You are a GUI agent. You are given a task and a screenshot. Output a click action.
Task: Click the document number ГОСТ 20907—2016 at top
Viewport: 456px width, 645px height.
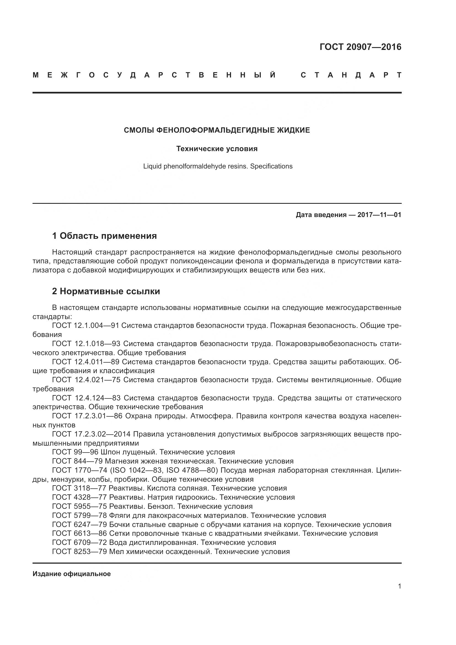(360, 47)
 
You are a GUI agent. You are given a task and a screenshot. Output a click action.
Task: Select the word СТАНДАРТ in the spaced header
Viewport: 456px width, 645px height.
(351, 75)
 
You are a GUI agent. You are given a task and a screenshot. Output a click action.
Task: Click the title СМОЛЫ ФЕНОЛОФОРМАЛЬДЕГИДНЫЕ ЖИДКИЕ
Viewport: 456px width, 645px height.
(217, 130)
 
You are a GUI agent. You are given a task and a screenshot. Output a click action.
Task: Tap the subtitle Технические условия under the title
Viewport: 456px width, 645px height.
(217, 149)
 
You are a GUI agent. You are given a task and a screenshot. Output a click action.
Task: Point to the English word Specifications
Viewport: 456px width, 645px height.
(271, 166)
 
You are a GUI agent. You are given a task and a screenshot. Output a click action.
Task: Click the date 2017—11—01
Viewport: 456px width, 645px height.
(379, 215)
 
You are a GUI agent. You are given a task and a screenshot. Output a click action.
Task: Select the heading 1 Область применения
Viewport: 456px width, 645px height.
(104, 236)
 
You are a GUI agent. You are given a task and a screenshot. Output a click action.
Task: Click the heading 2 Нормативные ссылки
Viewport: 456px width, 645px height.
(106, 291)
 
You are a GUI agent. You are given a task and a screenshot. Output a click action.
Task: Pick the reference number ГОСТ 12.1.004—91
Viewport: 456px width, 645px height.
(85, 326)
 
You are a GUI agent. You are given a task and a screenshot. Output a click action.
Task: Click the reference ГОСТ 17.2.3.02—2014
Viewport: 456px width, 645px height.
(91, 434)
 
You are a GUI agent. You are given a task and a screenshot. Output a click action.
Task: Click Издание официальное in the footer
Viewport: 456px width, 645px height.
(72, 574)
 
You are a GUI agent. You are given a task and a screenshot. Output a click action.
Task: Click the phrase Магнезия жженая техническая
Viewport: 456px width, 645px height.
(161, 461)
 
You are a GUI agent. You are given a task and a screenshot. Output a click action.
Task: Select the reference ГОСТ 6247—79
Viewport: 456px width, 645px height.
(79, 524)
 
